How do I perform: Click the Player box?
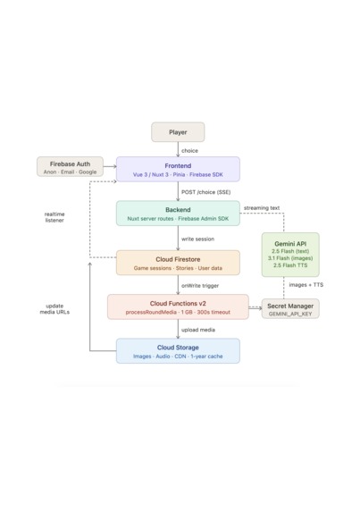[178, 132]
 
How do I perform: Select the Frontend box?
[178, 169]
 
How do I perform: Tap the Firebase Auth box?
[70, 166]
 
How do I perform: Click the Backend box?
[178, 214]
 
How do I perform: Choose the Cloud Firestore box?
[178, 263]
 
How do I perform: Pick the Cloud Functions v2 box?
[178, 307]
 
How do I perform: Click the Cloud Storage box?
[178, 351]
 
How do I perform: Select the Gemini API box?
[290, 255]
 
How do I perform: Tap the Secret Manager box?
[290, 308]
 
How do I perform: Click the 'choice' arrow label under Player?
[189, 150]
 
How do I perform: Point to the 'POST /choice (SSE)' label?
[206, 192]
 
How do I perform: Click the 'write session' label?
[197, 239]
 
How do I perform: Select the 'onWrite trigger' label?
[200, 286]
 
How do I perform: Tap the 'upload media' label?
[198, 330]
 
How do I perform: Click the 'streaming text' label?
[262, 207]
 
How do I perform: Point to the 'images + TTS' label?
[306, 285]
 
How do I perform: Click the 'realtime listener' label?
[54, 217]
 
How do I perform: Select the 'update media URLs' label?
[54, 309]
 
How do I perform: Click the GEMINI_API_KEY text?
[290, 314]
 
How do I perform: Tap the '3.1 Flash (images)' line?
[290, 258]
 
